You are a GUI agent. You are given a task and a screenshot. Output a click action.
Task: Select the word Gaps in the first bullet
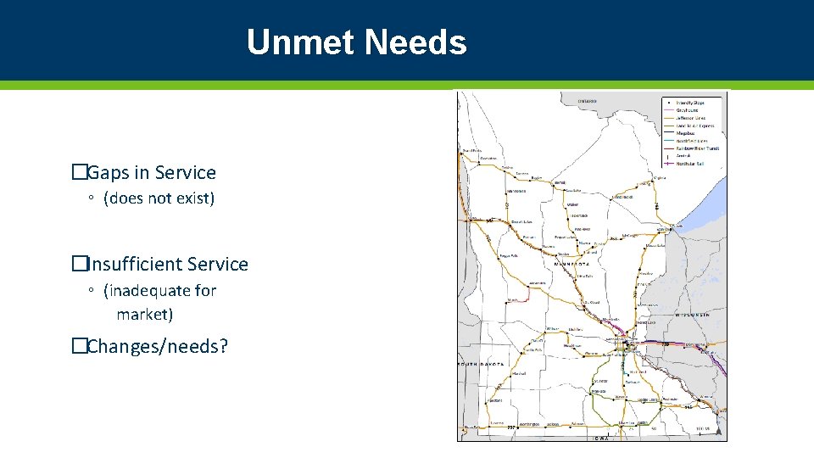108,173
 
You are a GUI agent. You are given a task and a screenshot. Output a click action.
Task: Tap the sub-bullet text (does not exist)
159,198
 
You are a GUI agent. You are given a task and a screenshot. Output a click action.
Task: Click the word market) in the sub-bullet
144,315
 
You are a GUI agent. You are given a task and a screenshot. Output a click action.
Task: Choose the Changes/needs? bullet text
157,346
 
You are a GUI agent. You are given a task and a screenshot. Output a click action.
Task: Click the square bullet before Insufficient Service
79,265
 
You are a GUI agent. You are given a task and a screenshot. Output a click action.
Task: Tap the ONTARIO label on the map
587,101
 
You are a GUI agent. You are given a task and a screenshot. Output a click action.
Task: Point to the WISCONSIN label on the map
692,315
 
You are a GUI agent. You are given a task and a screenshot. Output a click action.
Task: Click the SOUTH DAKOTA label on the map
481,364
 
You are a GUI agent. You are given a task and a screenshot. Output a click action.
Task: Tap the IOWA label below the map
600,438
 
